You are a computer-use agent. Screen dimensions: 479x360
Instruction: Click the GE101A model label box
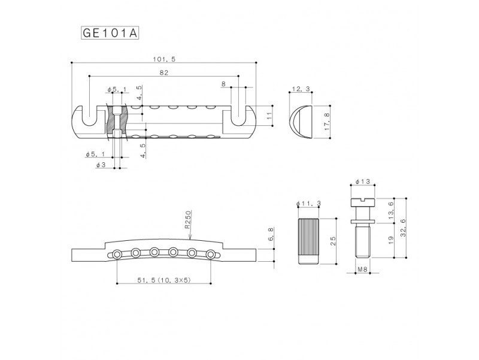tap(110, 33)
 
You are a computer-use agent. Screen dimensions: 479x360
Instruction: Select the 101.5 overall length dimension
tap(164, 59)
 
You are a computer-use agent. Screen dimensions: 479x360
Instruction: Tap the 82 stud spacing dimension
tap(164, 72)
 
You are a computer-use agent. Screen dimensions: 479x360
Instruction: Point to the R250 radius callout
tap(187, 220)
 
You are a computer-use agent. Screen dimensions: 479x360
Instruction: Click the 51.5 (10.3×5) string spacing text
tap(164, 280)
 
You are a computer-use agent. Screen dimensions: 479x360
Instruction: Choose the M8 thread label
tap(362, 269)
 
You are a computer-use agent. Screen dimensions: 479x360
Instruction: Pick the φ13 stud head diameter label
tap(363, 181)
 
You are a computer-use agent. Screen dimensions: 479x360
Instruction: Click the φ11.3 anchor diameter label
tap(308, 204)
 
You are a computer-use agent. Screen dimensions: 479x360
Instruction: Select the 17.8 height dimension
tap(327, 122)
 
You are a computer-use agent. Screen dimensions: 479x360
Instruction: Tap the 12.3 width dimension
tap(301, 89)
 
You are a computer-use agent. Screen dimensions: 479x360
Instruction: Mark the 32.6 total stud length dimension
tap(402, 228)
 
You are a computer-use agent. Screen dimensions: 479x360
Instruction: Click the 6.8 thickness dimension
tap(271, 234)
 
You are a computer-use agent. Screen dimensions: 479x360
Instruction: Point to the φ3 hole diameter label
tap(101, 165)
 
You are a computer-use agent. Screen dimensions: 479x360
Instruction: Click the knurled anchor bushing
tap(308, 241)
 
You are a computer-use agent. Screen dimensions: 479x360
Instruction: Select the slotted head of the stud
tap(363, 202)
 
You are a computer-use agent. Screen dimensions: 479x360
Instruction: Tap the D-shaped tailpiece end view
tap(300, 122)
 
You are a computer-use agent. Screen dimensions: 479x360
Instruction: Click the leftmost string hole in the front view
tap(117, 253)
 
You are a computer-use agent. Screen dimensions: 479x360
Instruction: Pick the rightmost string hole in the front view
tap(211, 253)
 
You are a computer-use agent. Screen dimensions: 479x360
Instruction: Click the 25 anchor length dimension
tap(333, 241)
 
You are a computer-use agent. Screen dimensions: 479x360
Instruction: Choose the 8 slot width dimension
tap(224, 83)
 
